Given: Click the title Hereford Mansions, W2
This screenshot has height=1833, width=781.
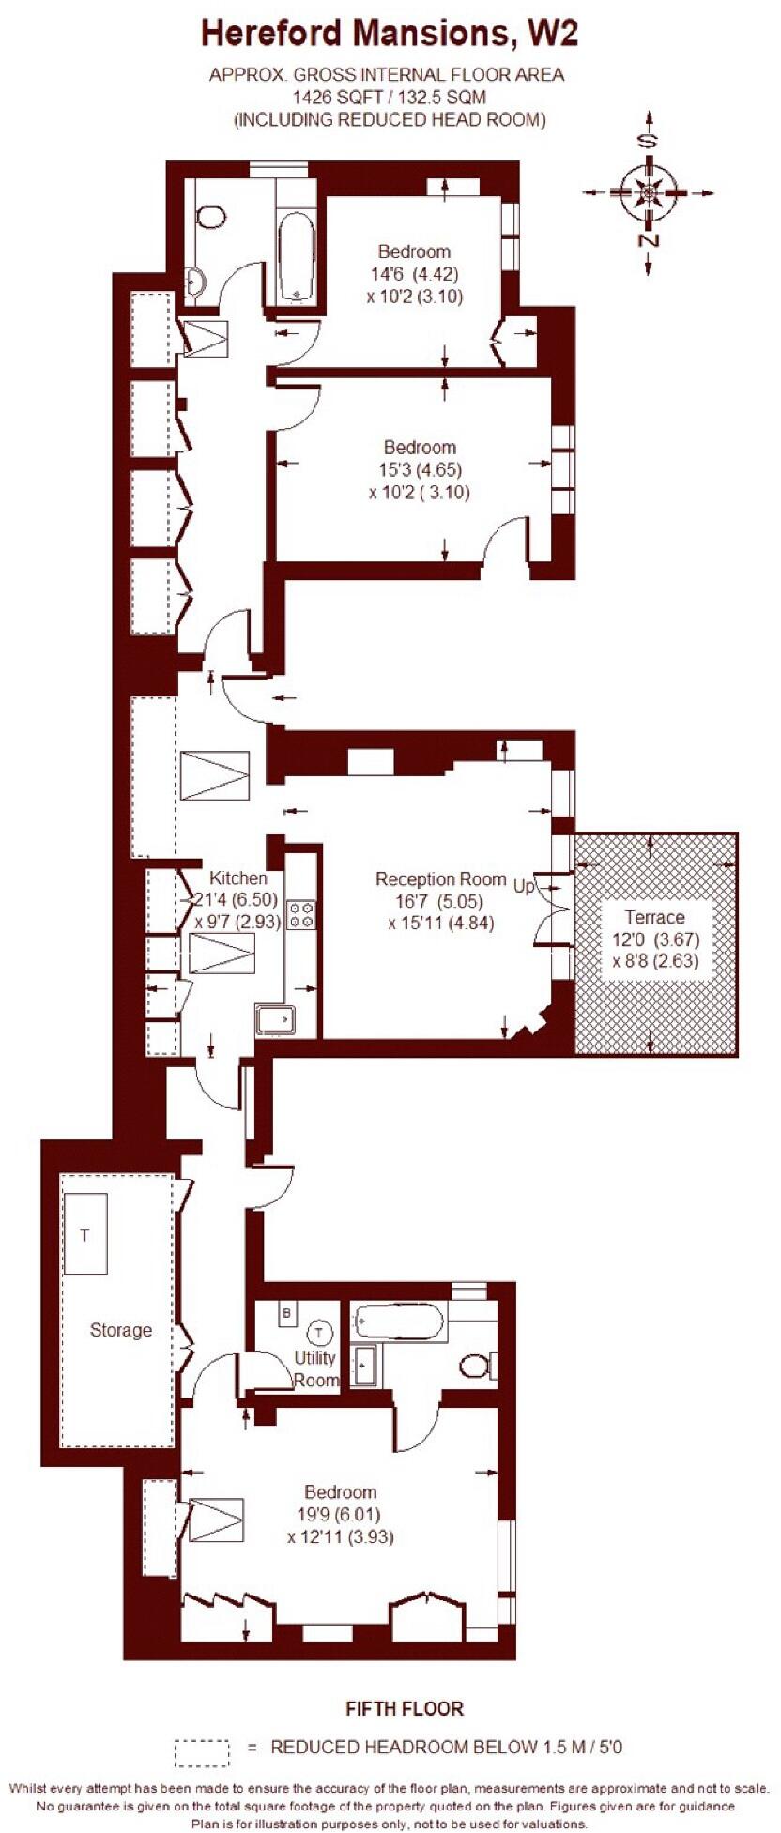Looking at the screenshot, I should (389, 35).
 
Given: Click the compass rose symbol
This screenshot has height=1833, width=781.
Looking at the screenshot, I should (648, 193).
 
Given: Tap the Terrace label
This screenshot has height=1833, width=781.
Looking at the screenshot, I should (655, 917).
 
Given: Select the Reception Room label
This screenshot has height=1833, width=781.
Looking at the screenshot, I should (440, 879).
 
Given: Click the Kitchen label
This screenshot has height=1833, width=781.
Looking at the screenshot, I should (237, 878).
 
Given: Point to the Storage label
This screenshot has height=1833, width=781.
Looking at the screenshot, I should (120, 1330).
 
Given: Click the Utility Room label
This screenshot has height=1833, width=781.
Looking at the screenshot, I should (315, 1368).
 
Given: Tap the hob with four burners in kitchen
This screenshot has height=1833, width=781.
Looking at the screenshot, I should (301, 914).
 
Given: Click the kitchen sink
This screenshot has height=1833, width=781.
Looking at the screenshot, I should (275, 1020).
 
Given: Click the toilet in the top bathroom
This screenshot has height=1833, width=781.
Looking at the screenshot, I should (212, 218).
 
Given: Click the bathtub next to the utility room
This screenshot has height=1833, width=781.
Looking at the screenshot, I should (400, 1322).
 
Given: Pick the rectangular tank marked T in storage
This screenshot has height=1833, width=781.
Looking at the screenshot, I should (85, 1233).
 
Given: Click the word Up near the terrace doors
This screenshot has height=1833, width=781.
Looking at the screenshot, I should (524, 885).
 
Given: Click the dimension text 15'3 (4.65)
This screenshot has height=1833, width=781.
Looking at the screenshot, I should (421, 470).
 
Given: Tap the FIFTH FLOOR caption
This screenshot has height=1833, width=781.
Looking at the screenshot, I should (405, 1708).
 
